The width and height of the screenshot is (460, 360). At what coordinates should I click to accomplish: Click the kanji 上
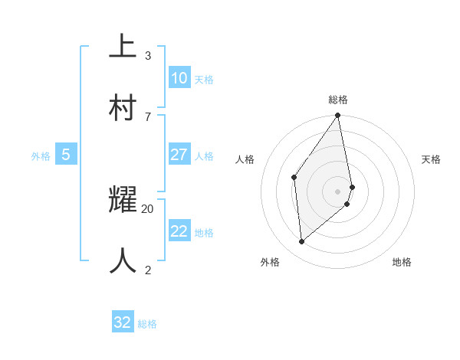point(123,46)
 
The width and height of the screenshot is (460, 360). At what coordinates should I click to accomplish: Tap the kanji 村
point(123,107)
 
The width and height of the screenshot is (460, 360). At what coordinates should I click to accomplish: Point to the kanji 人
point(123,261)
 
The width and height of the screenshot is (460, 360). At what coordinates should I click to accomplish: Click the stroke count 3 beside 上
point(148,56)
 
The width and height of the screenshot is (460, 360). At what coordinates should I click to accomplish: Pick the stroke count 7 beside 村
point(148,116)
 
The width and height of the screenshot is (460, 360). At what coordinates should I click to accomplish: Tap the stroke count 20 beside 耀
point(148,208)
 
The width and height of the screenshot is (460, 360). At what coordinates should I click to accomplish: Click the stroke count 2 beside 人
point(148,270)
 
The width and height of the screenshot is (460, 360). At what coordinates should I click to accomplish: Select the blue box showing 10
point(179,77)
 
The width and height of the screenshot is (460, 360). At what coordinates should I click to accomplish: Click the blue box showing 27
point(179,155)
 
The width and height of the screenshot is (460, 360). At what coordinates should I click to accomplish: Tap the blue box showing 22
point(179,231)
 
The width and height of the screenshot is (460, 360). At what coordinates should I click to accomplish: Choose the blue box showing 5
point(66,155)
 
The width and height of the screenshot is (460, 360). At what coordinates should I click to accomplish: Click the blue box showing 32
point(123,322)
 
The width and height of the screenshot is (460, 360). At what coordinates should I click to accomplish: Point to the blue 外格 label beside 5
point(41,156)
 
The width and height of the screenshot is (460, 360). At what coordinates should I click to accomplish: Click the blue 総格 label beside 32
point(147,324)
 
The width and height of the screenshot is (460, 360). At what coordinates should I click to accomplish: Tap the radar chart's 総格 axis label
point(338,100)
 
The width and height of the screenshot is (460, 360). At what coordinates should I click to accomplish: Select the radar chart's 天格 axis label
point(431,159)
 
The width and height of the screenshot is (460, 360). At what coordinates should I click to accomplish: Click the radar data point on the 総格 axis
point(338,116)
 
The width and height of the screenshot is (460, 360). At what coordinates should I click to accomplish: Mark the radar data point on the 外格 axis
point(302,241)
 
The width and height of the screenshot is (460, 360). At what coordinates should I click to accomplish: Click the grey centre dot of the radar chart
point(338,191)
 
